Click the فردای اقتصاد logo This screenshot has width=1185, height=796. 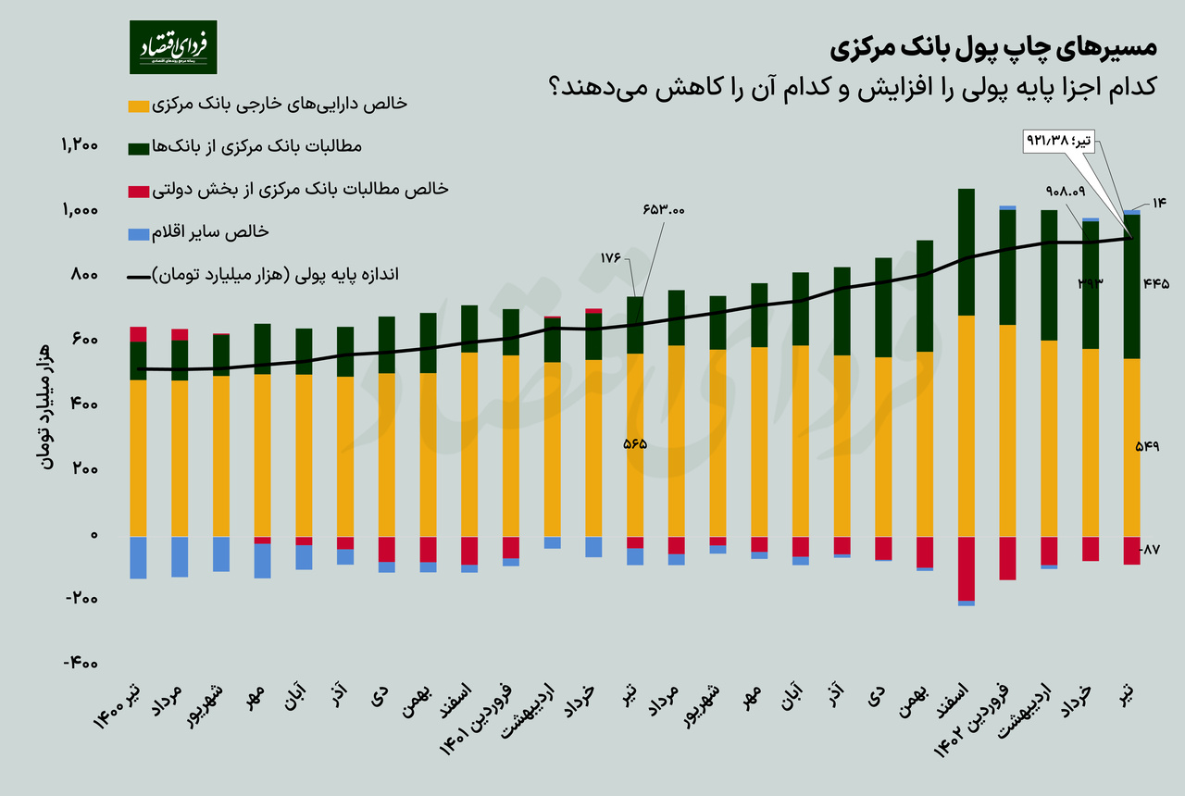(x=173, y=46)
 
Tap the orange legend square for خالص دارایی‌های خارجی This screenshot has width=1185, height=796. (x=138, y=106)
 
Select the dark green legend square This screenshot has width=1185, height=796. (x=138, y=148)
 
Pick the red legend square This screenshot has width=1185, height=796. (x=138, y=191)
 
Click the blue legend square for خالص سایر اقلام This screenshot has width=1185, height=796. (x=138, y=233)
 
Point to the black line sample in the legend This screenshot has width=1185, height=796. (x=138, y=276)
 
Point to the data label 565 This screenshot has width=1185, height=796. (x=634, y=443)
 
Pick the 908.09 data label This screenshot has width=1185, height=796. (x=1065, y=191)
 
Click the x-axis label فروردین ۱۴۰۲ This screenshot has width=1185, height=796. (x=989, y=724)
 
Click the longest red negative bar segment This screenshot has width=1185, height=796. (x=967, y=568)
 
